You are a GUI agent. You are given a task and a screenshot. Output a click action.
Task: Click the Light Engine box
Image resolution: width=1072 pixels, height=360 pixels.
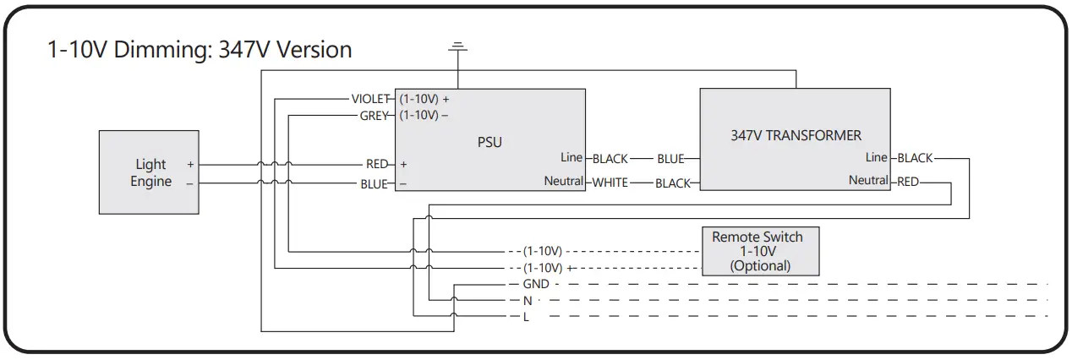coord(150,172)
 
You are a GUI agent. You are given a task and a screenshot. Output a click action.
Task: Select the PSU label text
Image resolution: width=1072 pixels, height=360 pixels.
coord(490,142)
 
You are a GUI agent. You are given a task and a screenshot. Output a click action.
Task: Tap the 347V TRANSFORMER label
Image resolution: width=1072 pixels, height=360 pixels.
coord(796,135)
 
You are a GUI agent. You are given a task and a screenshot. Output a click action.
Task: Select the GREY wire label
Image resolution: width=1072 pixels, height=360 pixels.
coord(374,114)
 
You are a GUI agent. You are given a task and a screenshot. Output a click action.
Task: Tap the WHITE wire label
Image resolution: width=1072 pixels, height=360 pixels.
coord(610,183)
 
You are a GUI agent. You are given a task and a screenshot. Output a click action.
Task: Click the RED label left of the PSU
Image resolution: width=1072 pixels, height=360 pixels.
coord(376,164)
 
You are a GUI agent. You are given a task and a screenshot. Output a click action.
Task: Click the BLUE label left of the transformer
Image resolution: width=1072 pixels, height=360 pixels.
coord(670,158)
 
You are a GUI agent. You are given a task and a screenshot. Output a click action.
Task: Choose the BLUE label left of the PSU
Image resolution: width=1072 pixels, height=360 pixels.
coord(374,183)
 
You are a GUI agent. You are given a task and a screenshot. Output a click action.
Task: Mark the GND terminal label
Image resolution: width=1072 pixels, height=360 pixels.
coord(535,284)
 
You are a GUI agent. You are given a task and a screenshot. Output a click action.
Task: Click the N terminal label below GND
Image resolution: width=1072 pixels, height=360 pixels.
coord(527,300)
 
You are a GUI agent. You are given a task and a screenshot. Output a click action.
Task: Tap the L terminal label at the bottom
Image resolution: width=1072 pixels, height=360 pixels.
coord(526,316)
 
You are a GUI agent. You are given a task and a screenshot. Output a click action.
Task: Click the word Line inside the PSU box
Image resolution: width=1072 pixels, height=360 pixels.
coord(572,157)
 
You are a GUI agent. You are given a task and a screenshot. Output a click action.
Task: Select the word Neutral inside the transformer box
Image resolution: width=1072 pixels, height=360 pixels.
coord(868,180)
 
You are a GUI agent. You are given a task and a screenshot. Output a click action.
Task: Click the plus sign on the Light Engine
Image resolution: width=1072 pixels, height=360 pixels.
coord(190,165)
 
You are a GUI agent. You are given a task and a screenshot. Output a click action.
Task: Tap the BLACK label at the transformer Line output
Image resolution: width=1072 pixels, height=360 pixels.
coord(915,158)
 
